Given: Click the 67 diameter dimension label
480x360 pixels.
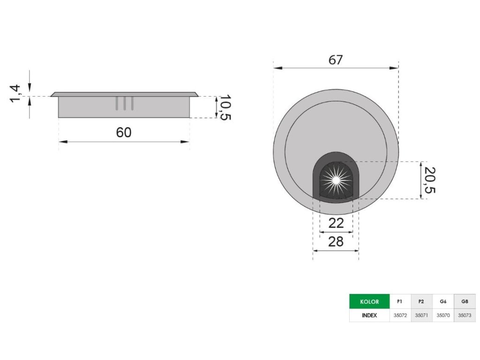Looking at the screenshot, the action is coord(336,60).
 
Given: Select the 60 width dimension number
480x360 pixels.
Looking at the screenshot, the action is coord(124,132).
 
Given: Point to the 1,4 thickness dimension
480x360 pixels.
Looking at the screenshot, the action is coord(15,94).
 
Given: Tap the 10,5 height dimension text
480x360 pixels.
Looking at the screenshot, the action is coord(225,107).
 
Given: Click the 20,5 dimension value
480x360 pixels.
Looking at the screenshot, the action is coord(429,180).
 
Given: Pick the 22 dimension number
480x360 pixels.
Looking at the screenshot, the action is coord(336,223).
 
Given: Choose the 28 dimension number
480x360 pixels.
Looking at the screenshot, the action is coord(336,242).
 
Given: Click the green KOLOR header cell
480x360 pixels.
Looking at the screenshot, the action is coord(369,301).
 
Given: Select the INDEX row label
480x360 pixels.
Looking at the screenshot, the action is coord(369,315).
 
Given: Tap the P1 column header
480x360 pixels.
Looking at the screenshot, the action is coord(400,301).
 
